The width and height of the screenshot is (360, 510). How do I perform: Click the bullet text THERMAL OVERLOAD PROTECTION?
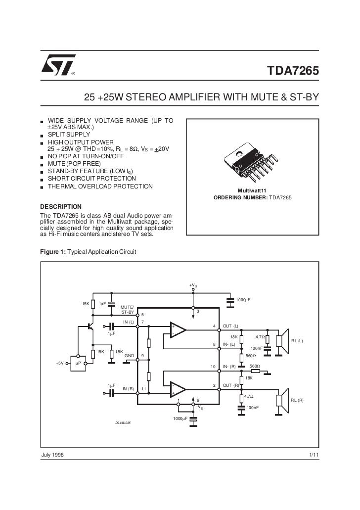pyautogui.click(x=100, y=186)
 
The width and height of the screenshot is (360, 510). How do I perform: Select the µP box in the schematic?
pyautogui.click(x=78, y=364)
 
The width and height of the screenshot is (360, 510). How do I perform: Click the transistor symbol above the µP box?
pyautogui.click(x=90, y=326)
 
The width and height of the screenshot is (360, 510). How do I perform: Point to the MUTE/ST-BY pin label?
pyautogui.click(x=128, y=310)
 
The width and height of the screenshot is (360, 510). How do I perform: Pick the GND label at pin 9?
pyautogui.click(x=129, y=356)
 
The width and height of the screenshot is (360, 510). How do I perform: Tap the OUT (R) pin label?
pyautogui.click(x=231, y=385)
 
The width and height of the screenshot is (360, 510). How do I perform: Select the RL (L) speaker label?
pyautogui.click(x=297, y=341)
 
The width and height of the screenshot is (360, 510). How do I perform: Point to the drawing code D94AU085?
pyautogui.click(x=123, y=423)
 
